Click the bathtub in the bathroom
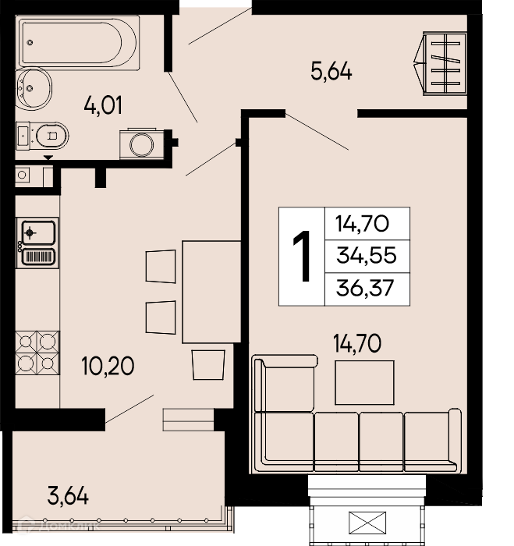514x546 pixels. pos(78,42)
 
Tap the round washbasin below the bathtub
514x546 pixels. pos(34,88)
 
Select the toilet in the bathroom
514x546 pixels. pos(42,136)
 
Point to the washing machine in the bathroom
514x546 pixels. pos(142,144)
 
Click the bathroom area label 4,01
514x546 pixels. pos(103,106)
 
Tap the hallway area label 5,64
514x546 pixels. pos(331,72)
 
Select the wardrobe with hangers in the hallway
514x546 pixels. pos(441,63)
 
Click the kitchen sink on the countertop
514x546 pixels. pos(37,243)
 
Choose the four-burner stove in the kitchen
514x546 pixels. pos(37,353)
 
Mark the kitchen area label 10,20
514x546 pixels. pos(108,366)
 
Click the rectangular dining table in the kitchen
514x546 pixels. pos(211,292)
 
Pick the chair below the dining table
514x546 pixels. pos(208,364)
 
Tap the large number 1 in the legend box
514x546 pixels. pos(302,256)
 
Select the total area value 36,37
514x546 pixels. pos(365,289)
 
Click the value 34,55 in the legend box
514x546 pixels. pos(367,255)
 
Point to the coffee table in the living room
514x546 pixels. pos(364,382)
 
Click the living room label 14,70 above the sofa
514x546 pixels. pos(357,344)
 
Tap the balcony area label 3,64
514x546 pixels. pos(68,496)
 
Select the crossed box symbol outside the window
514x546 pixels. pos(367,523)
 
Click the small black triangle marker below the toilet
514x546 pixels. pos(48,158)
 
